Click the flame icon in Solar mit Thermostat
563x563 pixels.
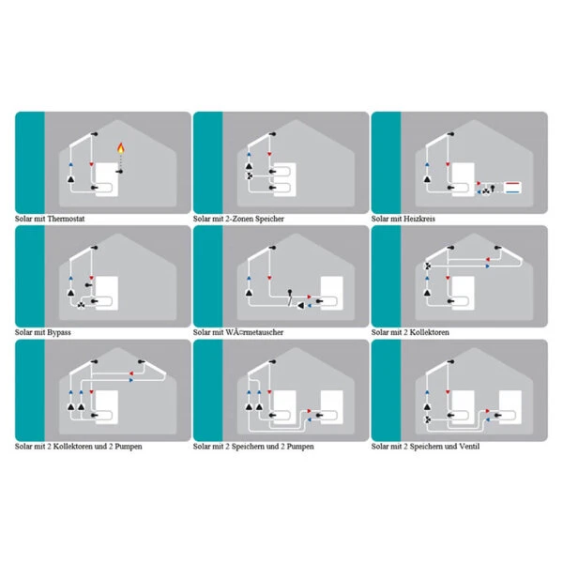(121, 148)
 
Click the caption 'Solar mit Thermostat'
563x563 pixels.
(50, 219)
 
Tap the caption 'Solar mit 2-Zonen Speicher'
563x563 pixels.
(238, 219)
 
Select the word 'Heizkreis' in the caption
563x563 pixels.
(419, 219)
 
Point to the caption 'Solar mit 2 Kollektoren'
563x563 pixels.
(410, 332)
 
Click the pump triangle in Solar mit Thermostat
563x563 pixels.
(71, 179)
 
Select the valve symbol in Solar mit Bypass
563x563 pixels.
(81, 306)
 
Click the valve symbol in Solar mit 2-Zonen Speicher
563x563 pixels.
(250, 176)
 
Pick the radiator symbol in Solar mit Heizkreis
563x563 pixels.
(512, 188)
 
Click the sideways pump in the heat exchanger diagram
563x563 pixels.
(300, 306)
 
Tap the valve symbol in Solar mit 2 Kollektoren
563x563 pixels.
(428, 266)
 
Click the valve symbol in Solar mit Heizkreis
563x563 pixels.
(486, 191)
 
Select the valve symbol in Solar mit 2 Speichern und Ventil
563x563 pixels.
(428, 419)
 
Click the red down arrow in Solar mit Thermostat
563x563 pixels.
(92, 164)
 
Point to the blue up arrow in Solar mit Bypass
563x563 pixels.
(70, 279)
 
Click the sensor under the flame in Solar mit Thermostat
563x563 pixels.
(119, 172)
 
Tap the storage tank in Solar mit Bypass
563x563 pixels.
(107, 294)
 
